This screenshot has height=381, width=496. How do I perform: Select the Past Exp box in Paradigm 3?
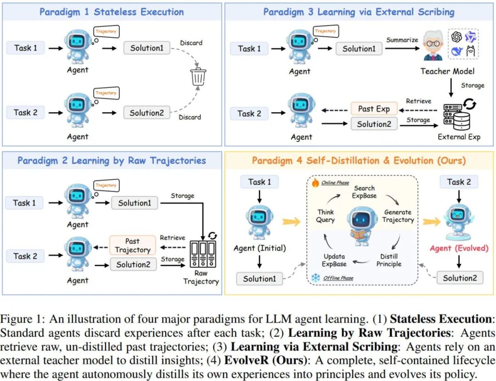(x=374, y=109)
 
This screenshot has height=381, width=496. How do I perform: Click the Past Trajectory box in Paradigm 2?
(x=132, y=245)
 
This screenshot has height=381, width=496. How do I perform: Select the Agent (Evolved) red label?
(x=459, y=248)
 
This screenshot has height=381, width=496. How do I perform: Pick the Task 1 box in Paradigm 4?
(x=259, y=182)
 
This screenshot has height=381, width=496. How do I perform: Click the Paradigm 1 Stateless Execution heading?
(x=112, y=12)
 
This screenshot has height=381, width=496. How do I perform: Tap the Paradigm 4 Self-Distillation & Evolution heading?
(x=359, y=160)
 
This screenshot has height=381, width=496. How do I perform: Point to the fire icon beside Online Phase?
(x=315, y=182)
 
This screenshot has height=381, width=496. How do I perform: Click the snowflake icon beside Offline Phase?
(x=316, y=278)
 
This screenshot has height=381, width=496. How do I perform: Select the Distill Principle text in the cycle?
(x=389, y=260)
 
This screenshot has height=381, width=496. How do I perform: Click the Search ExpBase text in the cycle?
(x=364, y=192)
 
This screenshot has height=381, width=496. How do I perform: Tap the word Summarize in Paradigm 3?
(x=402, y=40)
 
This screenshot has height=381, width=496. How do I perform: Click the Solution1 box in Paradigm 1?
(x=147, y=48)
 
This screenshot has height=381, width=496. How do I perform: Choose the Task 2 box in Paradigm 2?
(x=25, y=256)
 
